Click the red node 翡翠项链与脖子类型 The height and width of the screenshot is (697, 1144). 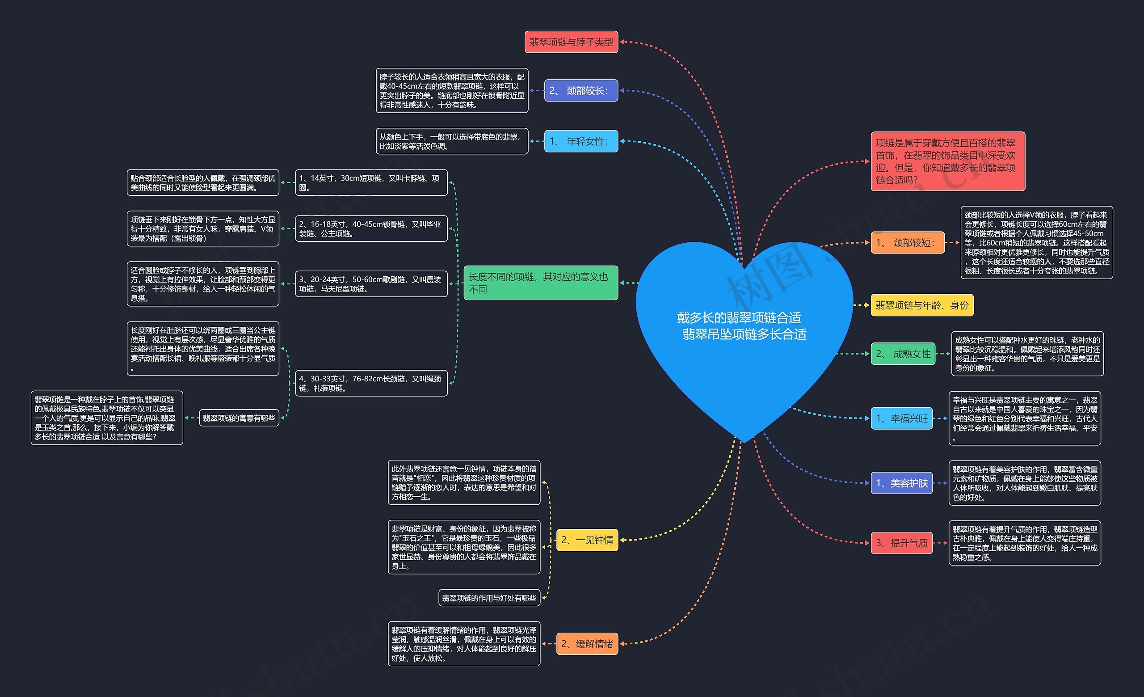coord(571,42)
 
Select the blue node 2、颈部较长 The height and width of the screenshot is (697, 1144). coord(581,91)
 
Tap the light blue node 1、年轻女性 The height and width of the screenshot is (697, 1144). coord(581,141)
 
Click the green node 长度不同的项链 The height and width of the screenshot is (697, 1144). coord(541,283)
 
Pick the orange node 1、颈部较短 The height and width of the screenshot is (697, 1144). coord(908,242)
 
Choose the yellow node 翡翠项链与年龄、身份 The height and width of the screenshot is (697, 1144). coord(922,305)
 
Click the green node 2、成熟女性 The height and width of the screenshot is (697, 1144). coord(903,354)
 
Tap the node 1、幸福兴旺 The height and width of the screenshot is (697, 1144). coord(902,418)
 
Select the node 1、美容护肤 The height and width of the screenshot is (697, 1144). coord(902,483)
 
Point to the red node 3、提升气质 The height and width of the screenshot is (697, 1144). coord(902,543)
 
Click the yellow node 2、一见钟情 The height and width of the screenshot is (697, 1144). coord(587,540)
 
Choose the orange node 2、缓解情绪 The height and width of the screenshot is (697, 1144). coord(587,644)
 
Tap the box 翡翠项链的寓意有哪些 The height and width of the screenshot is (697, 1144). coord(239,418)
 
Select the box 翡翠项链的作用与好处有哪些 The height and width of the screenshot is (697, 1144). coord(489,598)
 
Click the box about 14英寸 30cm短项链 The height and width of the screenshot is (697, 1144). coord(371,182)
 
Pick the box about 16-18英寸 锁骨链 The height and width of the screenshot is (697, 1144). coord(371,228)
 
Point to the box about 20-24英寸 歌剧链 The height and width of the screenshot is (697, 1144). coord(371,284)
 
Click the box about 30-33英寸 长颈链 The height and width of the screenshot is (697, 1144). coord(371,383)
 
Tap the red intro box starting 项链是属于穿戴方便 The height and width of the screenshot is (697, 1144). coord(948,161)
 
